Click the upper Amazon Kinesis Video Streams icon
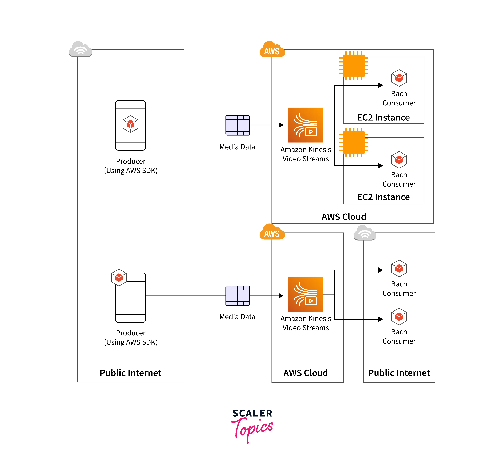[305, 125]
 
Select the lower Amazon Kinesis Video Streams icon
[305, 294]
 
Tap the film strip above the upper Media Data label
[238, 125]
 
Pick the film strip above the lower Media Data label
[238, 296]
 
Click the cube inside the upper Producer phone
[130, 124]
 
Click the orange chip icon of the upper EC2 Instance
[354, 66]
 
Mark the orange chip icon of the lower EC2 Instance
[354, 142]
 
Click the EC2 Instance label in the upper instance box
[383, 117]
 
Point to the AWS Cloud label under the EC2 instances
[344, 217]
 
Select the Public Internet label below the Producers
[130, 373]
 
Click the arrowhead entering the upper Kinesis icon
[281, 125]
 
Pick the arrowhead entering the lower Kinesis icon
[281, 296]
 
